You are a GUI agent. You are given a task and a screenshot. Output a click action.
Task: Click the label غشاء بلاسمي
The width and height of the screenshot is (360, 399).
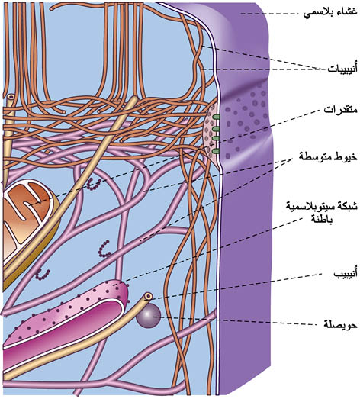[x=330, y=13]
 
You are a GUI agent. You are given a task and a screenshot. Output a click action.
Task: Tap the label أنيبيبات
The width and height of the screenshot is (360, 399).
[x=342, y=69]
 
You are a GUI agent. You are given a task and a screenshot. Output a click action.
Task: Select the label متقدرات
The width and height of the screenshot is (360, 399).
[x=340, y=110]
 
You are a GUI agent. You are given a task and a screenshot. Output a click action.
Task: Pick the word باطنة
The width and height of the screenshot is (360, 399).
[x=322, y=219]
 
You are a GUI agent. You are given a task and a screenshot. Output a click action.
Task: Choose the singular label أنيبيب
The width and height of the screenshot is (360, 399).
[x=345, y=273]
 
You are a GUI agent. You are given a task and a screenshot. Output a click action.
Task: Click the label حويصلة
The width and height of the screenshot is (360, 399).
[x=340, y=325]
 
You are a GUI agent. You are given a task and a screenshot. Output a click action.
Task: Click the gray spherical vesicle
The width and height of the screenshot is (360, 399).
[x=148, y=316]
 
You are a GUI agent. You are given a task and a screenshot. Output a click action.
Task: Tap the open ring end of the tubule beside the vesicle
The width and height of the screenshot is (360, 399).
[x=148, y=296]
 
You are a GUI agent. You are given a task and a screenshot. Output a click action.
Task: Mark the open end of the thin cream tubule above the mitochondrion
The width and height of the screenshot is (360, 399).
[x=11, y=98]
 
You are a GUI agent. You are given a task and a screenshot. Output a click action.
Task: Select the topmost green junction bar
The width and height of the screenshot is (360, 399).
[x=216, y=117]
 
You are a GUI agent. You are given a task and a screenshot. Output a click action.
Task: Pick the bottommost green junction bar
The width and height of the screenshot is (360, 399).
[x=216, y=152]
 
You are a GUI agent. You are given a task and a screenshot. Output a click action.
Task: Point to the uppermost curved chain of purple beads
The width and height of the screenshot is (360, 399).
[x=94, y=184]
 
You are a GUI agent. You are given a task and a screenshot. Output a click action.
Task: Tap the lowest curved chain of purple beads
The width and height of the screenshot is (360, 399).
[x=42, y=274]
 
